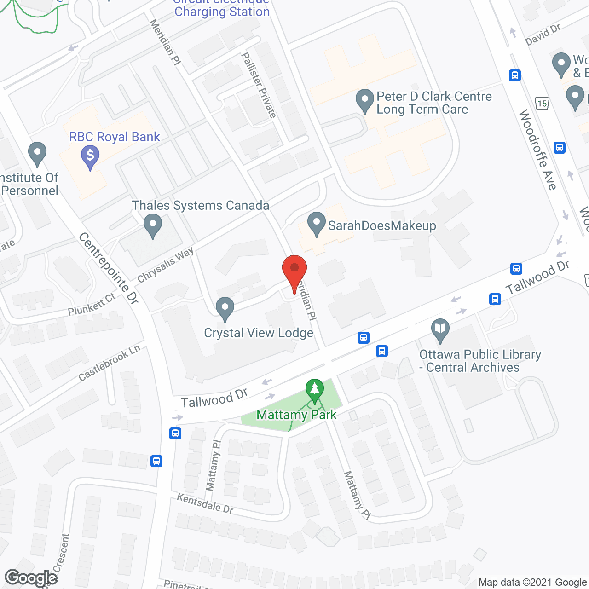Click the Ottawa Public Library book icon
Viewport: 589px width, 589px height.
pyautogui.click(x=440, y=329)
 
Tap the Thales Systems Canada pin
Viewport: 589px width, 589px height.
pyautogui.click(x=153, y=227)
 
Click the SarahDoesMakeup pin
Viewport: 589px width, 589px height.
pyautogui.click(x=316, y=224)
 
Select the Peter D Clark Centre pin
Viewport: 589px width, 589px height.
pyautogui.click(x=365, y=101)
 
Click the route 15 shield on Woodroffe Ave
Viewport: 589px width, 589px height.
pyautogui.click(x=542, y=103)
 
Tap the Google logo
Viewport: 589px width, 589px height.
pyautogui.click(x=31, y=578)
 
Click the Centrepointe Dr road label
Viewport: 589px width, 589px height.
pyautogui.click(x=109, y=269)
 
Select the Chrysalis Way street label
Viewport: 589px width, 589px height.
pyautogui.click(x=165, y=265)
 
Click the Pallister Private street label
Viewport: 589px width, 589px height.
pyautogui.click(x=259, y=85)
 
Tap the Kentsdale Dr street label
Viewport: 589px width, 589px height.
pyautogui.click(x=205, y=503)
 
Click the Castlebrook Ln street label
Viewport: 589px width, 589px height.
pyautogui.click(x=109, y=363)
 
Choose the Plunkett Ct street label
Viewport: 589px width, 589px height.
pyautogui.click(x=92, y=305)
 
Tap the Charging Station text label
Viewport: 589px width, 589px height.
pyautogui.click(x=222, y=12)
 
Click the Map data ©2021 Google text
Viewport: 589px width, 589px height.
pyautogui.click(x=532, y=582)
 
